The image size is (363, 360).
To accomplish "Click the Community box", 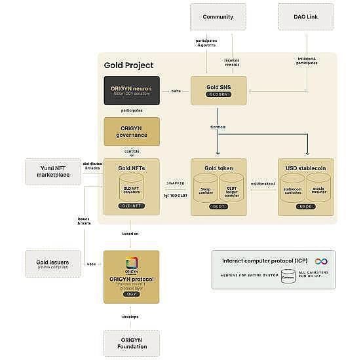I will coord(218,16).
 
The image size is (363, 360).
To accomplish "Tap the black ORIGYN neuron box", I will coord(132,91).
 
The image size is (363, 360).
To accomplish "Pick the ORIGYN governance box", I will coord(132,131).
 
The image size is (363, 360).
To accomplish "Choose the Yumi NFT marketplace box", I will coord(52,171).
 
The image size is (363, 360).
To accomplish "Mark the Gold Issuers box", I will coord(52,262).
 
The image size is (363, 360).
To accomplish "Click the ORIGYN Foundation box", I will coord(132,343).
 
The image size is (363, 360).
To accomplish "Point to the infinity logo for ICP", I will coord(321,261).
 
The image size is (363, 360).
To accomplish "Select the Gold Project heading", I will coord(129,65).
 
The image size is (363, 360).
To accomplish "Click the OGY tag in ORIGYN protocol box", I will coord(132,295).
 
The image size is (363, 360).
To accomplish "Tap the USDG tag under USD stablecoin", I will coord(306,206).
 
